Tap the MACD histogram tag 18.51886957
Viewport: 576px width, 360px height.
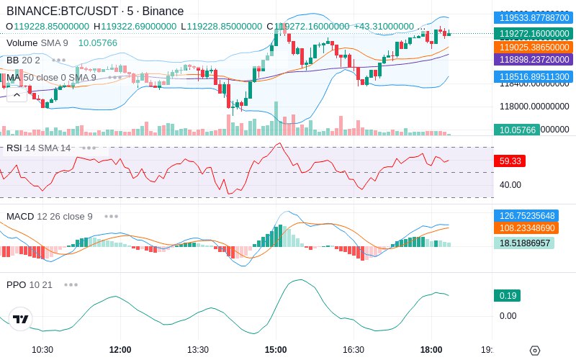coord(523,243)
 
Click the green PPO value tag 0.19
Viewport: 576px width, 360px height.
coord(507,295)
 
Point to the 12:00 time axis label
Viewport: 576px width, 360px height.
coord(120,350)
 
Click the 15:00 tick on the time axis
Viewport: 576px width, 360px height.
coord(276,350)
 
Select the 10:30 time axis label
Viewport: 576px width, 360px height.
coord(42,350)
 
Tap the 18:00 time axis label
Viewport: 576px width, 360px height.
coord(431,350)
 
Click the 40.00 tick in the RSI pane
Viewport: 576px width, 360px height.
coord(510,185)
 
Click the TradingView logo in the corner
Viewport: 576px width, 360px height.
coord(21,319)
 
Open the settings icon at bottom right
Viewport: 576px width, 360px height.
coord(534,351)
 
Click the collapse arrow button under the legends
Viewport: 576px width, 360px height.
coord(17,94)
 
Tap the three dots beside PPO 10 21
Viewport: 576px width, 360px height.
coord(71,284)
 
